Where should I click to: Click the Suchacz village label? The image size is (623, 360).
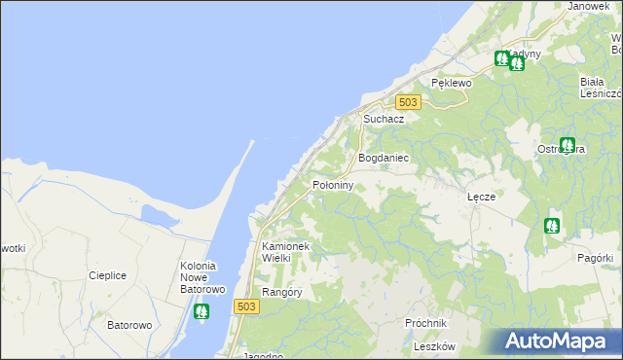[384, 119]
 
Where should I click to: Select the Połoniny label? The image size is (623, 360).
[332, 184]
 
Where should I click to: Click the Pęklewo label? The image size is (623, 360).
[451, 84]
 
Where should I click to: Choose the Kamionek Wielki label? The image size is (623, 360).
[285, 253]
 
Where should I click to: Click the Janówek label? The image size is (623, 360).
[587, 6]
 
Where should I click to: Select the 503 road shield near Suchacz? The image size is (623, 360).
[408, 102]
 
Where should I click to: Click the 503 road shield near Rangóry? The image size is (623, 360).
[246, 306]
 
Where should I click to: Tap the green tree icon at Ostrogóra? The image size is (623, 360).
[568, 146]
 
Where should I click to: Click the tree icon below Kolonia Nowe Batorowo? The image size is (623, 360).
[202, 312]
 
